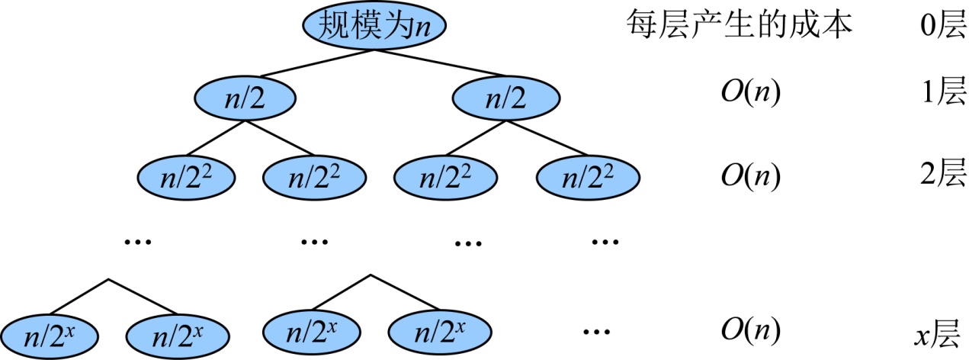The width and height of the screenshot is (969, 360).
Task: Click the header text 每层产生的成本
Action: pyautogui.click(x=737, y=26)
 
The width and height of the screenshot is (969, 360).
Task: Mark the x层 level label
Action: pyautogui.click(x=940, y=333)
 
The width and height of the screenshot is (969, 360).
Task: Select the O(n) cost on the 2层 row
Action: pyautogui.click(x=751, y=178)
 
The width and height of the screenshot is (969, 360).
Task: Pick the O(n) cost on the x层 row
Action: pyautogui.click(x=751, y=332)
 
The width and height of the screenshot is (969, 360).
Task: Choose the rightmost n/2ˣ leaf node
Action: pyautogui.click(x=438, y=333)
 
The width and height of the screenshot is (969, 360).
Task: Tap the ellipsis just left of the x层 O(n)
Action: pyautogui.click(x=596, y=333)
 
